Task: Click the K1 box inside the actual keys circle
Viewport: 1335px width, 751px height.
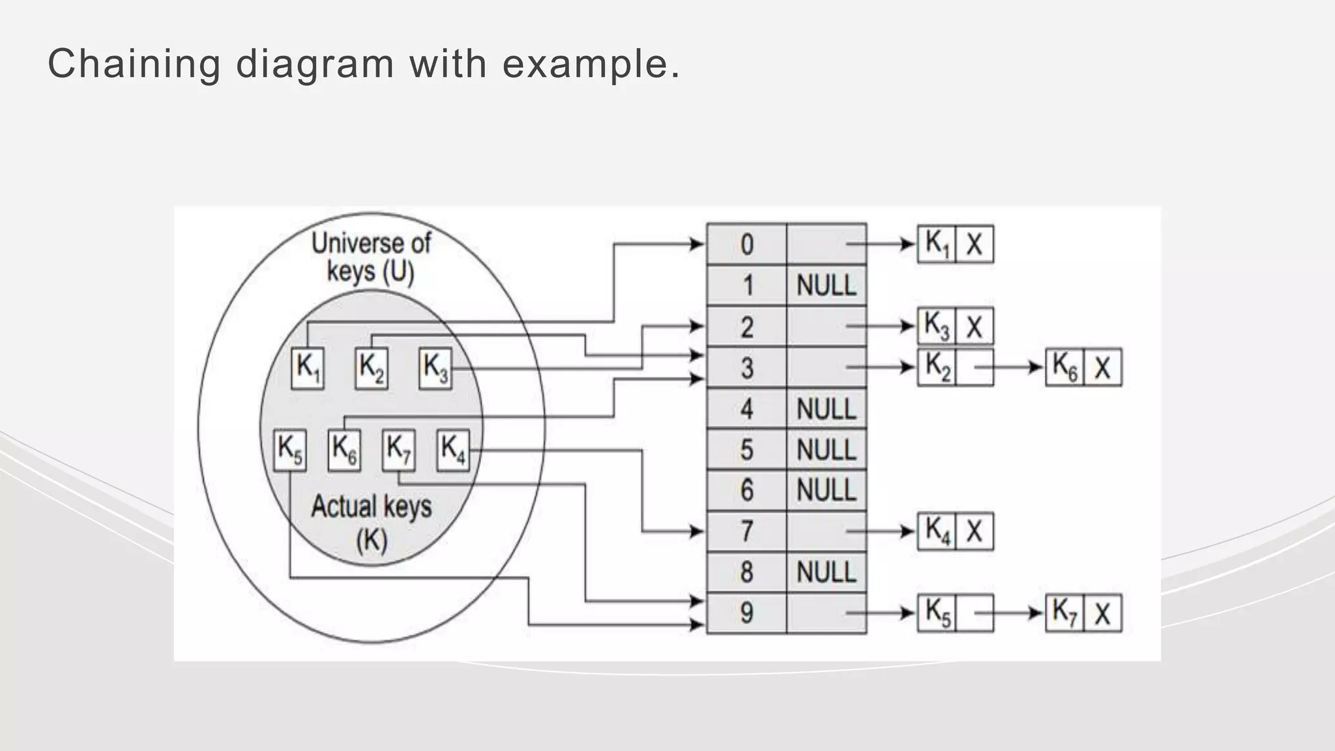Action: (x=308, y=369)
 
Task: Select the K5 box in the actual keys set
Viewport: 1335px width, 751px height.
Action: (x=290, y=449)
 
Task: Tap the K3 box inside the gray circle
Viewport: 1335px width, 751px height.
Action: (x=435, y=369)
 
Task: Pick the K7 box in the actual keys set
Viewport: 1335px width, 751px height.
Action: (x=398, y=449)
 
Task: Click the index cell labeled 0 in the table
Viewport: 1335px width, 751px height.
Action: (x=747, y=244)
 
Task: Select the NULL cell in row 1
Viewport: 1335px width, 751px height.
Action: (x=826, y=286)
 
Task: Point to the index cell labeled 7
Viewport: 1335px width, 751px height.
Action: (x=747, y=531)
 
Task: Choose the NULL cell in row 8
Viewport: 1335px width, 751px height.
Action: (x=826, y=572)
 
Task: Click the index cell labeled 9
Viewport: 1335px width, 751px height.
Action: (x=747, y=613)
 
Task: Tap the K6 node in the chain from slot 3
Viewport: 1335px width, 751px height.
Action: (x=1065, y=367)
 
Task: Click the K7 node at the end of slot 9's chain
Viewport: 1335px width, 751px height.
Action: (x=1065, y=613)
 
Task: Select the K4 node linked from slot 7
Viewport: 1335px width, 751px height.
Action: (x=937, y=531)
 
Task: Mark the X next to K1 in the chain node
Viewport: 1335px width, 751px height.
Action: (x=975, y=244)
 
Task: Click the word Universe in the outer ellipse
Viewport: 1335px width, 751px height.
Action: (x=344, y=244)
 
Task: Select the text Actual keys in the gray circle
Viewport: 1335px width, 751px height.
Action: (x=371, y=507)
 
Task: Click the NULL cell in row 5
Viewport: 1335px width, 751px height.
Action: (x=826, y=450)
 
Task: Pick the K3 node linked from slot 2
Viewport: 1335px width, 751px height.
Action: (x=937, y=326)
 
